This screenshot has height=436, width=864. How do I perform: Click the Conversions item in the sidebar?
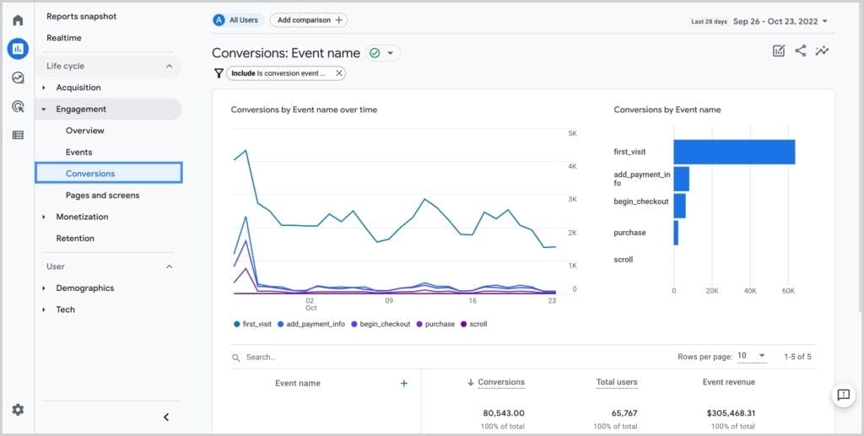pos(90,174)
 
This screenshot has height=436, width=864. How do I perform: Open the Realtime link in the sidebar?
pos(64,38)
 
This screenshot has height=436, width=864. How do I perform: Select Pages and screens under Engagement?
pos(102,196)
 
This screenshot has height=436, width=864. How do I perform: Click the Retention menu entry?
pos(75,239)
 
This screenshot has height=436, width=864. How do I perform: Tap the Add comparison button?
pos(309,20)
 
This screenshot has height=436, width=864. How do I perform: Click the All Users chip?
pos(237,20)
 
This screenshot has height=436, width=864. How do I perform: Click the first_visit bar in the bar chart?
pos(733,152)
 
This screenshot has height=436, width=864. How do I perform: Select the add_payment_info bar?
pos(681,179)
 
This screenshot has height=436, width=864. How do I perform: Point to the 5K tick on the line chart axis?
pos(572,134)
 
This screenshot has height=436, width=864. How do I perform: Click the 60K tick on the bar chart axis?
pos(787,291)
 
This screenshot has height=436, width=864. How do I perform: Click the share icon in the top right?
pos(800,51)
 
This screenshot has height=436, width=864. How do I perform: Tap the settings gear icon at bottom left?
pos(18,410)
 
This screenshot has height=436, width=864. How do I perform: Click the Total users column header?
pos(616,383)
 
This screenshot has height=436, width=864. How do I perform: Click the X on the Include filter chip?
pos(339,73)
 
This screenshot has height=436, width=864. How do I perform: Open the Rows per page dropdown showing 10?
pos(751,356)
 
